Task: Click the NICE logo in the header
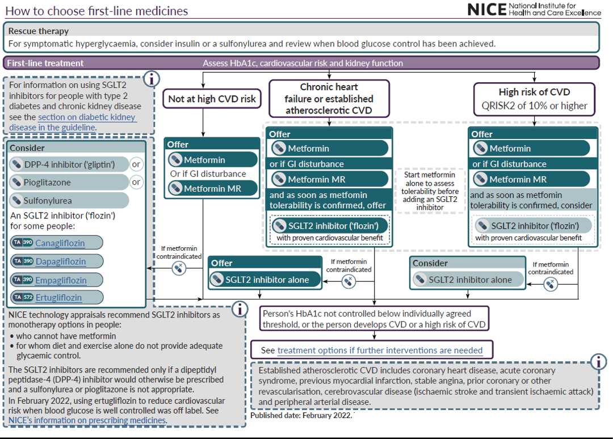533,9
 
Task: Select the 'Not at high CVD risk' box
212,99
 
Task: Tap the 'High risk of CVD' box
534,98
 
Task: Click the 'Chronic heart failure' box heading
329,98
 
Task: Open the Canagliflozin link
60,243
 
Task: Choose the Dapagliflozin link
60,261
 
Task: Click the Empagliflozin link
61,280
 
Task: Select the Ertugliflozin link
58,298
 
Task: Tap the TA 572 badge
23,298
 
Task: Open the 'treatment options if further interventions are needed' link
380,351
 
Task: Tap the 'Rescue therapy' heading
39,31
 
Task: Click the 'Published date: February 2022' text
301,416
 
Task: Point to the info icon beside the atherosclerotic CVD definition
598,361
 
